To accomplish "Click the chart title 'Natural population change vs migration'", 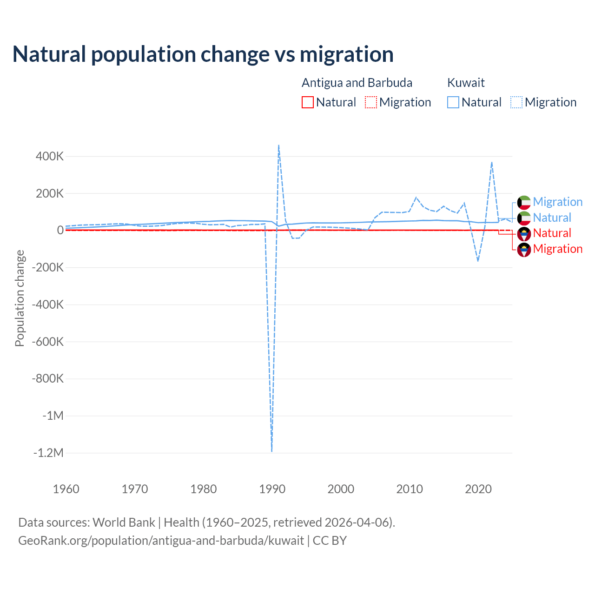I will coord(203,54).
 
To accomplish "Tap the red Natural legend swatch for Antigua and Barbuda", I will coord(308,102).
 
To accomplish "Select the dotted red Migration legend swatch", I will coord(371,102).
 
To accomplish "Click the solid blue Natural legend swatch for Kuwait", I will coord(453,102).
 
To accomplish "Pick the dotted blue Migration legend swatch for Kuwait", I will coord(516,102).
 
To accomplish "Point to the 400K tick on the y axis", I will coord(50,156).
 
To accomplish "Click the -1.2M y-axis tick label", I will coord(48,453).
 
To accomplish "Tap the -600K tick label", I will coord(48,342).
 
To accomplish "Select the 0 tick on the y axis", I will coord(60,230).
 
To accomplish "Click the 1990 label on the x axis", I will coord(272,489).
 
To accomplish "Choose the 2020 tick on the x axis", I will coord(478,489).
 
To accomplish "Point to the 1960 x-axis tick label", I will coord(66,489).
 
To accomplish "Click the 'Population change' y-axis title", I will coord(20,298).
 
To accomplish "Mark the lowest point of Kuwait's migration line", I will coord(271,451).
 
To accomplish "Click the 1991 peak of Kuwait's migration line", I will coord(278,145).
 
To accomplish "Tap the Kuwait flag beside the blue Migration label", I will coord(524,202).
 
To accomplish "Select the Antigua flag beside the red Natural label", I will coord(524,233).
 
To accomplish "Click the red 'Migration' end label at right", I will coord(557,249).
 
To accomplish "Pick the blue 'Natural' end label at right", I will coord(552,218).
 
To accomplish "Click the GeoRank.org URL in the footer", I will coord(161,541).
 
